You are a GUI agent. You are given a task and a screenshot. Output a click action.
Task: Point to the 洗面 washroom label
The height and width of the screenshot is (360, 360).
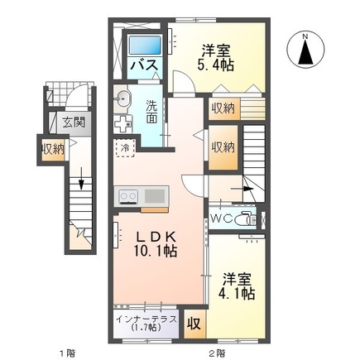153,112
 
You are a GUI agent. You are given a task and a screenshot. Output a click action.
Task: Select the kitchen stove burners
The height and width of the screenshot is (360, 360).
128,196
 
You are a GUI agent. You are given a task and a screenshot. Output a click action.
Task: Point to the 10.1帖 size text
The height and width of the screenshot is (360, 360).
156,250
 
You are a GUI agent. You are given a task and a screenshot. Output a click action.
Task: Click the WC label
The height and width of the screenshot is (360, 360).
221,219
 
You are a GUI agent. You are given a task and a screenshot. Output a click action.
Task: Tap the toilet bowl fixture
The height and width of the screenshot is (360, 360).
245,220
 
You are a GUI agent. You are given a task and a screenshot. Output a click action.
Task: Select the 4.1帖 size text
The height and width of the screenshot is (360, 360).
238,294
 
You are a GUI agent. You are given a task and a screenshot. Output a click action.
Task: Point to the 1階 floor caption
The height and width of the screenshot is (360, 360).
65,353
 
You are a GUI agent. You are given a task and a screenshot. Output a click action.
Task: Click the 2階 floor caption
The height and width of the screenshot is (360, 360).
218,353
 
